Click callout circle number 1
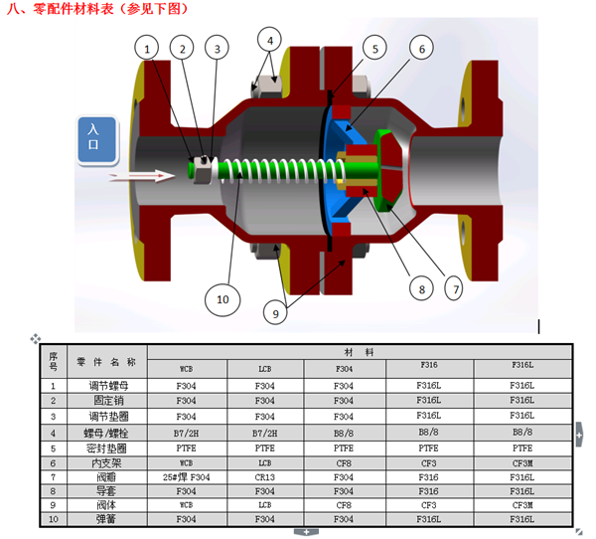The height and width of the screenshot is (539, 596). [x=147, y=47]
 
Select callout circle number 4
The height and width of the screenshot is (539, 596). [x=269, y=41]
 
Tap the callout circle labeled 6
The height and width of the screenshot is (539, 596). [x=421, y=48]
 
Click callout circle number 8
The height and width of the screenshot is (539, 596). [x=421, y=289]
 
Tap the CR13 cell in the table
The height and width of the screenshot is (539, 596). [x=264, y=477]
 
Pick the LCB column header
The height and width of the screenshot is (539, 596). [x=264, y=367]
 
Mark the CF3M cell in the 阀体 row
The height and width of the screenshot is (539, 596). [x=521, y=504]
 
